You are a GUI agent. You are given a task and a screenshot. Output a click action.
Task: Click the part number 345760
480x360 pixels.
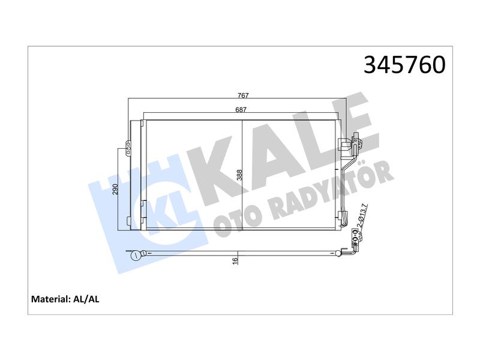[404, 65]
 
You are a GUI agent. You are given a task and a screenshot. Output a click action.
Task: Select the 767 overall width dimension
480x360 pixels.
[243, 95]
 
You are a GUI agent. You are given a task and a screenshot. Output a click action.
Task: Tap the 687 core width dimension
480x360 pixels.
[241, 109]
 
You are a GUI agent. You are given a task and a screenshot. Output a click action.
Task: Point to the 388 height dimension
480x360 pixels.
[239, 175]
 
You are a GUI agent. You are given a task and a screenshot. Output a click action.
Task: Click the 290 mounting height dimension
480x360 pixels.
[115, 190]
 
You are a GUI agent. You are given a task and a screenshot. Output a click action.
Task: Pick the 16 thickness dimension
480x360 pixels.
[235, 260]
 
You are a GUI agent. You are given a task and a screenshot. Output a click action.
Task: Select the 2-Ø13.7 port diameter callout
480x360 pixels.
[364, 216]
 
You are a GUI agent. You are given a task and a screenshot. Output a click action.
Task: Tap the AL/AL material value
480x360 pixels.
[86, 299]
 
